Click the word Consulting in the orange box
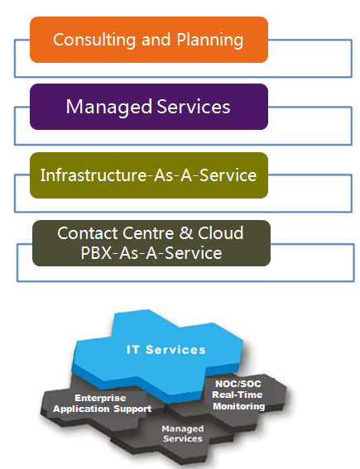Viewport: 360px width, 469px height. click(94, 40)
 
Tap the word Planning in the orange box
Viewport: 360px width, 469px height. click(209, 40)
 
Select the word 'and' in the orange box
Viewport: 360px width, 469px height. click(156, 40)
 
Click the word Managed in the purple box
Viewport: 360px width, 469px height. click(109, 107)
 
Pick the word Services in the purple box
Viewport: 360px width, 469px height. click(194, 107)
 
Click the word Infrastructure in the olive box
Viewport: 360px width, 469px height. click(94, 175)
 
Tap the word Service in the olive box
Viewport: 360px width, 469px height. click(228, 175)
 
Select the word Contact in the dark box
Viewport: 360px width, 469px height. click(87, 233)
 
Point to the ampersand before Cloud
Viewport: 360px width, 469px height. click(186, 233)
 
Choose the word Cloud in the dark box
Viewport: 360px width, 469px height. click(220, 233)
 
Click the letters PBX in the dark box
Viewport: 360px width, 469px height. click(96, 253)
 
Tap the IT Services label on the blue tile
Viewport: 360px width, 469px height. click(166, 350)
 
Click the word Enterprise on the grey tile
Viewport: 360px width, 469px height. click(100, 398)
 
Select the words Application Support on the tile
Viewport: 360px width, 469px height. click(102, 409)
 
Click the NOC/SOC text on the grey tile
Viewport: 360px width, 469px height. click(238, 384)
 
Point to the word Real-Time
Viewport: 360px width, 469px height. click(238, 395)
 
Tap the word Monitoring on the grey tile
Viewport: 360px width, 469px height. click(239, 406)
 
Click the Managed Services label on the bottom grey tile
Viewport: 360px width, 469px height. click(183, 433)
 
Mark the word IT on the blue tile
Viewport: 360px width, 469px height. click(132, 350)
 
